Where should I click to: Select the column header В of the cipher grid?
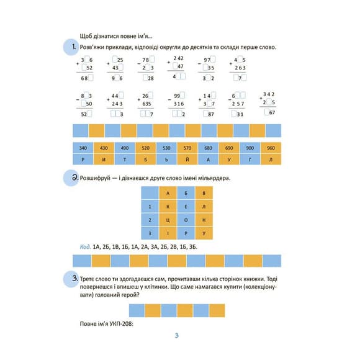[x=204, y=192]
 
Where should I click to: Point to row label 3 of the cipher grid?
[x=150, y=233]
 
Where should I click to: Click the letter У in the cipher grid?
[x=204, y=233]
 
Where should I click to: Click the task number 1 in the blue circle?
[x=73, y=47]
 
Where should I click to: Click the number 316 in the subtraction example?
[x=181, y=104]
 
